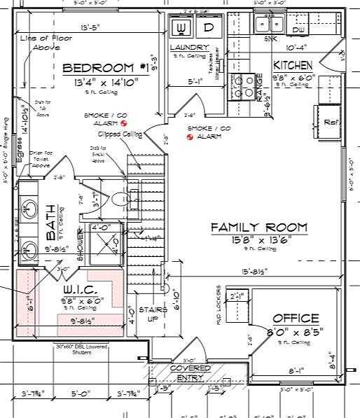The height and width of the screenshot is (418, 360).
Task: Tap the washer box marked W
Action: click(x=180, y=28)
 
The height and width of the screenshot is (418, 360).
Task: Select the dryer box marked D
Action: click(x=208, y=28)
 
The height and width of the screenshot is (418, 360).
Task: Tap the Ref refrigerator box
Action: click(x=329, y=121)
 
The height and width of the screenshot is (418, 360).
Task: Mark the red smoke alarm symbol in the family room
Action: click(x=190, y=137)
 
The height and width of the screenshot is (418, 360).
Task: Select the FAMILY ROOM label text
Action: click(x=259, y=227)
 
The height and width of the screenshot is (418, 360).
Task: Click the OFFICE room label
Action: click(x=296, y=317)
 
